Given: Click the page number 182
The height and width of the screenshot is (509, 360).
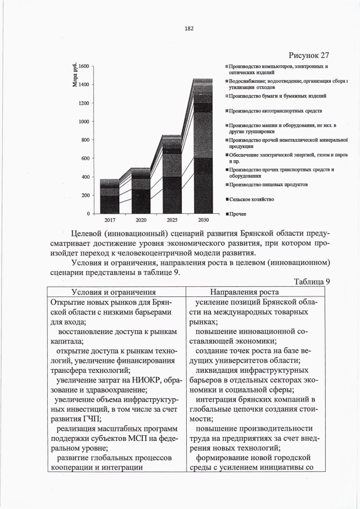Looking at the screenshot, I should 181,29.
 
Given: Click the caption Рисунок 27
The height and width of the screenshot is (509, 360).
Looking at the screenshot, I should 308,55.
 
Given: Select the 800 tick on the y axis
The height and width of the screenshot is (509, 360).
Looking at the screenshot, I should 83,140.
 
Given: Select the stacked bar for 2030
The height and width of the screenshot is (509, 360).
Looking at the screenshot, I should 202,146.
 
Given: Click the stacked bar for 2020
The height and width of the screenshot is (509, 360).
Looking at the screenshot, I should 141,191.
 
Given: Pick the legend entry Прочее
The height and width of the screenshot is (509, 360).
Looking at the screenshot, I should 238,214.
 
